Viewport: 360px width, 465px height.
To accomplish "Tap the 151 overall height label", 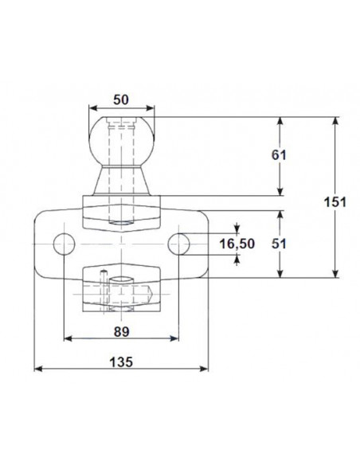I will coord(335,202).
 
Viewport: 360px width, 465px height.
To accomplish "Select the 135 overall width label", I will coord(121,360).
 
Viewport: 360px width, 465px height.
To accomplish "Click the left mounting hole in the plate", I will coord(62,242).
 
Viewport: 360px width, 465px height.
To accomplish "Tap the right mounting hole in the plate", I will coord(180,242).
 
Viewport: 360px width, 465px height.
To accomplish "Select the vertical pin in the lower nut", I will coord(104,291).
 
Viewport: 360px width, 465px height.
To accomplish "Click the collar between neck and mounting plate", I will coord(121,209).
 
